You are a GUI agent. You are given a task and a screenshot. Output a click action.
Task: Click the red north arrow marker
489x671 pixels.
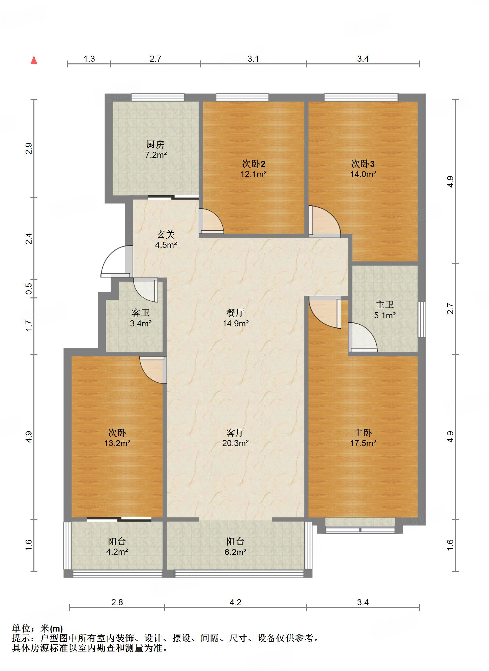click(x=34, y=60)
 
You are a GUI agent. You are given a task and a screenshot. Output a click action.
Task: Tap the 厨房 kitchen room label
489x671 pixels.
click(x=155, y=145)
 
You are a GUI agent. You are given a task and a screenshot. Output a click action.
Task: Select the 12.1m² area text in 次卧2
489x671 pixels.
click(x=254, y=174)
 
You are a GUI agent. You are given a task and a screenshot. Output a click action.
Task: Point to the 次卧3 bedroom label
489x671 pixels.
click(x=363, y=164)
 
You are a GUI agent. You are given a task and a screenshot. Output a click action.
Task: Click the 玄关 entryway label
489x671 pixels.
click(x=166, y=234)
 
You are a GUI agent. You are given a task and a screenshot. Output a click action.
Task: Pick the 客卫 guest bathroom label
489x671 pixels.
click(x=141, y=313)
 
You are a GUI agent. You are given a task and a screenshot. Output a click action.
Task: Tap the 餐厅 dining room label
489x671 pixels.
click(x=235, y=313)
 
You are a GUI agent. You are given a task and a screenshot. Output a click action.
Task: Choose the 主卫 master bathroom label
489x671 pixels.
click(x=385, y=304)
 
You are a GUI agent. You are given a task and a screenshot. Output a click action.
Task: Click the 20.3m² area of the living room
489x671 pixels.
click(x=235, y=443)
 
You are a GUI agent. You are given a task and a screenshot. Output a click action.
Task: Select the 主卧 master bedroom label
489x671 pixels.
click(x=363, y=433)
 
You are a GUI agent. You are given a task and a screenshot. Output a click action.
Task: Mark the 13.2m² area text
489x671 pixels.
click(x=117, y=443)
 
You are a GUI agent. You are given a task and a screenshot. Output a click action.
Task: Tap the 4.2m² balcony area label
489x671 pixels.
click(x=117, y=552)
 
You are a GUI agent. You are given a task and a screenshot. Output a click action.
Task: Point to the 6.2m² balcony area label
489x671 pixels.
click(x=235, y=552)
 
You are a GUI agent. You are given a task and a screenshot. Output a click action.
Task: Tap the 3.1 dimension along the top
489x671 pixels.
click(x=253, y=59)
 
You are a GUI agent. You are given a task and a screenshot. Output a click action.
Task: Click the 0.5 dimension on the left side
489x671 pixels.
click(x=29, y=288)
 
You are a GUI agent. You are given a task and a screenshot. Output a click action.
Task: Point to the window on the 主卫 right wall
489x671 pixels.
click(x=422, y=319)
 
